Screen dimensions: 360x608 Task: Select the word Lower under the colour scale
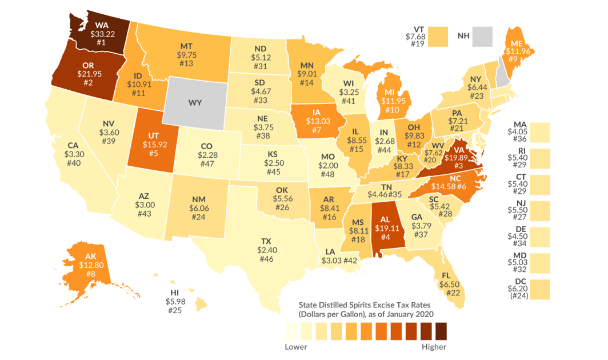pyautogui.click(x=295, y=346)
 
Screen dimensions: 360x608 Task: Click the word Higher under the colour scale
pyautogui.click(x=433, y=346)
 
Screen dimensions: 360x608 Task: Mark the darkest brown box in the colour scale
pyautogui.click(x=441, y=331)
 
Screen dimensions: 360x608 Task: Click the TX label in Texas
pyautogui.click(x=266, y=241)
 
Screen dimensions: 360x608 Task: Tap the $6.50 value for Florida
pyautogui.click(x=451, y=284)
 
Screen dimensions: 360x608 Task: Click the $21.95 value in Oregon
pyautogui.click(x=89, y=74)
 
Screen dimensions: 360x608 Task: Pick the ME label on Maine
pyautogui.click(x=517, y=49)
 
